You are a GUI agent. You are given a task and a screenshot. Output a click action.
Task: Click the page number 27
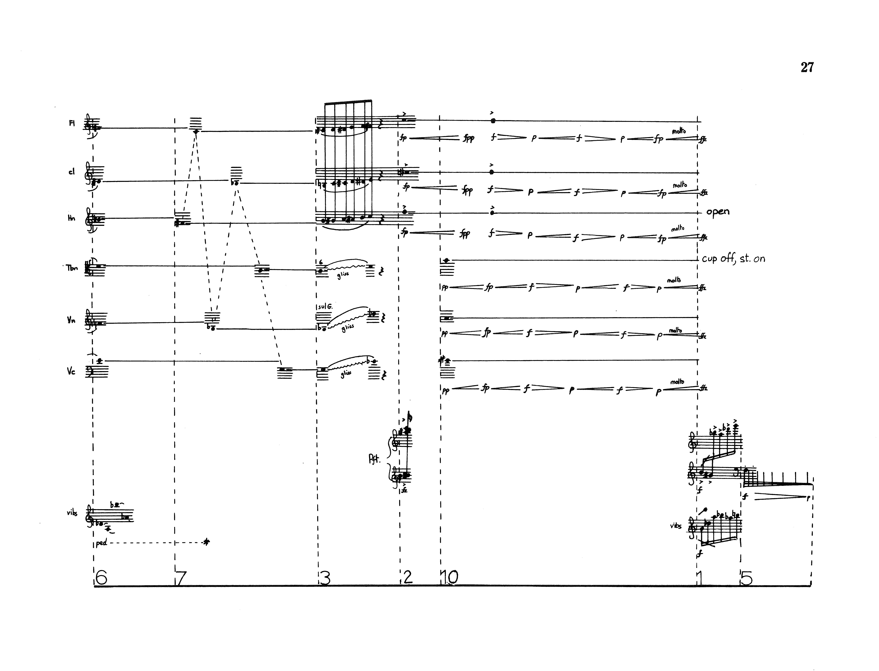(x=807, y=68)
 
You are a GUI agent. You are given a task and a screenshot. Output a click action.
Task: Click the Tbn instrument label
(x=72, y=268)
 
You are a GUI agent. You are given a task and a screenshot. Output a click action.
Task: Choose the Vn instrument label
(x=71, y=320)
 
